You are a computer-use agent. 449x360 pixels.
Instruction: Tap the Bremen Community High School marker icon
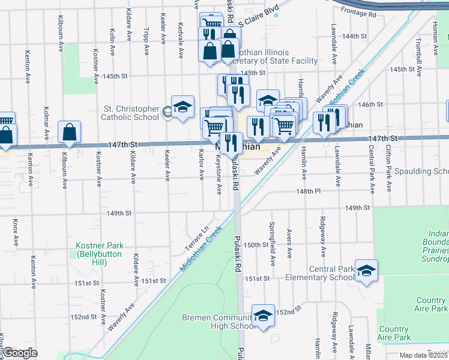coord(262,316)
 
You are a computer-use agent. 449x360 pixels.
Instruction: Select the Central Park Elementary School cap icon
coord(366,270)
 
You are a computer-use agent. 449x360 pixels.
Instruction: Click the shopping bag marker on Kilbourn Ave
coord(70,131)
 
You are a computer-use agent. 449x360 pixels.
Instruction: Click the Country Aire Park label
coord(431,304)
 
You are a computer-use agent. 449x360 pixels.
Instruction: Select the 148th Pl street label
coord(309,191)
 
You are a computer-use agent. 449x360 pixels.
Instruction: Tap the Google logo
coord(20,353)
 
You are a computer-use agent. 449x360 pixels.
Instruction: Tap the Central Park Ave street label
coord(372,175)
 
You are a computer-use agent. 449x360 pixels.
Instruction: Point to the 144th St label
coord(354,36)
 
